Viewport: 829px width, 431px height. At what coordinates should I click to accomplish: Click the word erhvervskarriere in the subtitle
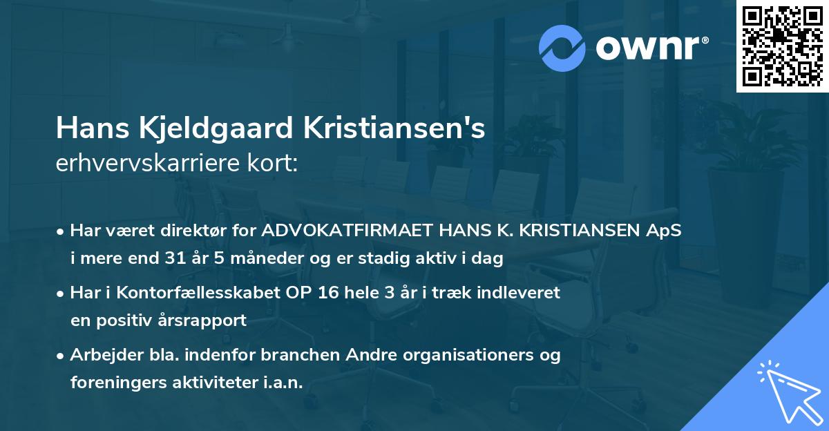[141, 163]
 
